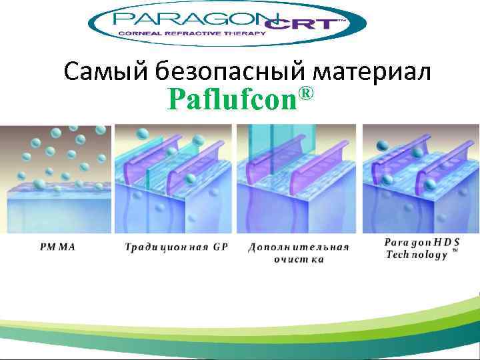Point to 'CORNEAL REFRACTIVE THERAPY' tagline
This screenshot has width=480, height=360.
(x=191, y=33)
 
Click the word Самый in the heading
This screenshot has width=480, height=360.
(x=107, y=71)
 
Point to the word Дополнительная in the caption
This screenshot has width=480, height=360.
(x=299, y=247)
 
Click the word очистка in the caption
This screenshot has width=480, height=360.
(x=299, y=259)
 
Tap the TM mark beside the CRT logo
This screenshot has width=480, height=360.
(x=342, y=21)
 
